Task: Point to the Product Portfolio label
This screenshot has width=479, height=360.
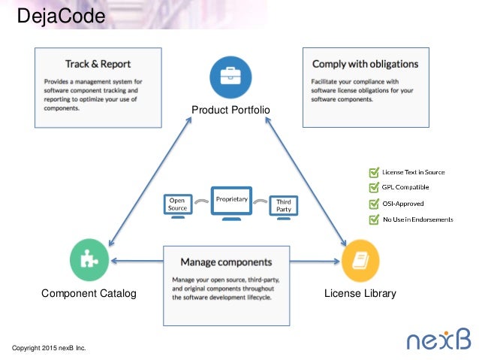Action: (x=230, y=110)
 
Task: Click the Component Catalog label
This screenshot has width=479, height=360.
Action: (x=89, y=293)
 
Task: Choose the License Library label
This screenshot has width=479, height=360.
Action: (x=360, y=293)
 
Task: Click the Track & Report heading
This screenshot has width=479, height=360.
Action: (x=98, y=63)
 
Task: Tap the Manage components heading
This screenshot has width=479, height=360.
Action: (x=226, y=262)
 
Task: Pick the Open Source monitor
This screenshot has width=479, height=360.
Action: (x=178, y=207)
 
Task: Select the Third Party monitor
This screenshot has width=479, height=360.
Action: (x=284, y=207)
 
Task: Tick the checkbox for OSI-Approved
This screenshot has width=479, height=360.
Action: (x=373, y=204)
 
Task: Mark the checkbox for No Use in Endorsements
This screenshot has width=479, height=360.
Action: (x=373, y=219)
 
